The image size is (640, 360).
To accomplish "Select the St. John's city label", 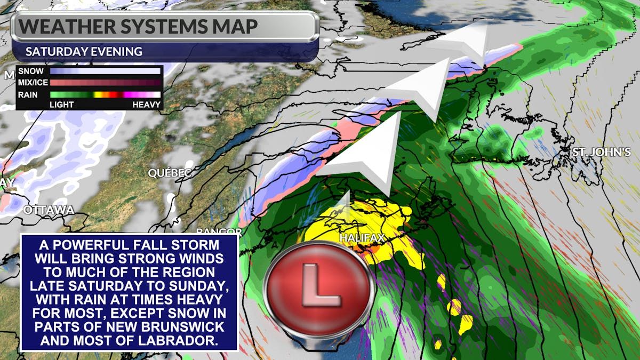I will pyautogui.click(x=602, y=153).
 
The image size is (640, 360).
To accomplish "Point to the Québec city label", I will pyautogui.click(x=170, y=173).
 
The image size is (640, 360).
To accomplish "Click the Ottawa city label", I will pyautogui.click(x=49, y=210).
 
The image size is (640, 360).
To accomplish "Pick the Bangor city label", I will pyautogui.click(x=219, y=232).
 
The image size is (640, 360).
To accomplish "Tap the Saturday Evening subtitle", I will pyautogui.click(x=84, y=52).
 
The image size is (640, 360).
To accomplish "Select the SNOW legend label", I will pyautogui.click(x=31, y=71).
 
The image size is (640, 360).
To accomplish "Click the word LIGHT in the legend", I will pyautogui.click(x=61, y=105).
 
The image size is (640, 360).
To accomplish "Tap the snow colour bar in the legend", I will pyautogui.click(x=105, y=71).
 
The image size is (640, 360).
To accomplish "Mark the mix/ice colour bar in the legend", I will pyautogui.click(x=105, y=83).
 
